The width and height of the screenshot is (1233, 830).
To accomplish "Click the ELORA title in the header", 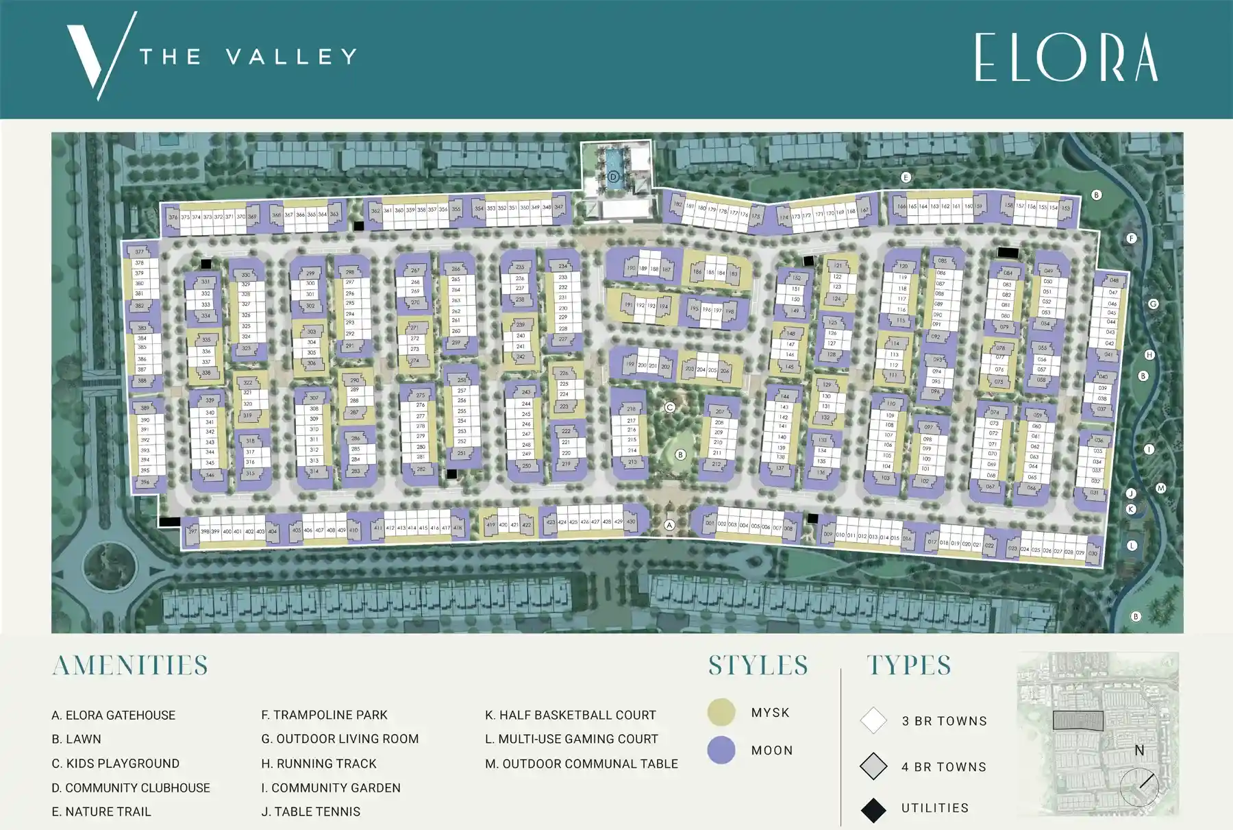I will [x=1066, y=58].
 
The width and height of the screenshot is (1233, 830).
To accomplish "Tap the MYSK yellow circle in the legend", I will [x=721, y=713].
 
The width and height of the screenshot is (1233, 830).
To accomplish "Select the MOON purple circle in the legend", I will [x=721, y=750].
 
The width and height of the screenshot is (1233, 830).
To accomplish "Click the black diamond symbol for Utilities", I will [x=873, y=810].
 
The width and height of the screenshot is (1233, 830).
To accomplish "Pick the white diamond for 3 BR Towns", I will [x=873, y=721].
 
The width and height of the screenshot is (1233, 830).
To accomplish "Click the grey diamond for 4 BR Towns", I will [x=873, y=766].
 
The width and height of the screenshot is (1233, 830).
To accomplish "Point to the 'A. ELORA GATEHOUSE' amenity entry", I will [x=114, y=716].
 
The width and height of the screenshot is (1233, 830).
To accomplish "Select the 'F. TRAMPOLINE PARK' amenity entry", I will [x=324, y=716].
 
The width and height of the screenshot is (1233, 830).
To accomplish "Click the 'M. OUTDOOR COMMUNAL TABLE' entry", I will [x=582, y=764].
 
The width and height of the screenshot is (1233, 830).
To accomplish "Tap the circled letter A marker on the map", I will [x=670, y=525].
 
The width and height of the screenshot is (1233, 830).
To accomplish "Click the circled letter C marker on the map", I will [x=670, y=407].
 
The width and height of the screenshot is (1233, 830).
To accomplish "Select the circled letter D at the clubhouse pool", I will [x=614, y=177].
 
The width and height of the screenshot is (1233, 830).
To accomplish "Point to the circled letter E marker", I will [x=906, y=178].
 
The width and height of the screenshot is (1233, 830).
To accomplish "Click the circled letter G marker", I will [x=1154, y=304].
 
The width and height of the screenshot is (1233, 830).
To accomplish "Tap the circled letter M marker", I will [x=1160, y=488].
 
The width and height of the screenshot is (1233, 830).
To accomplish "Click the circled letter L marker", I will [x=1132, y=546].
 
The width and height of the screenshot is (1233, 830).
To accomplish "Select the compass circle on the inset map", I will [x=1139, y=787].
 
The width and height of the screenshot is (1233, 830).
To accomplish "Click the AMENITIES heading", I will [x=130, y=666].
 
